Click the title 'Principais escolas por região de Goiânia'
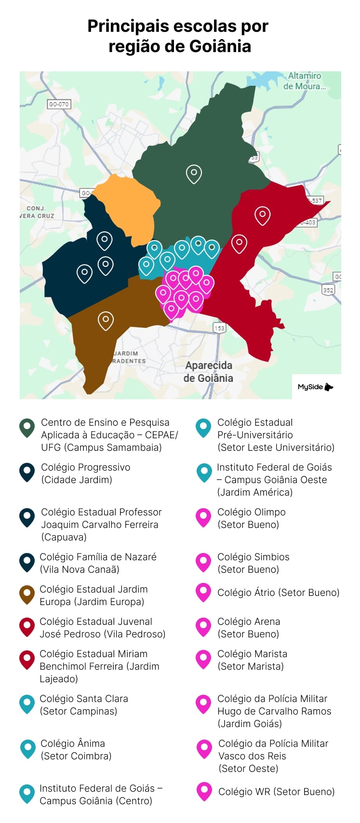(x=178, y=36)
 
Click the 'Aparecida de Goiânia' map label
(x=208, y=372)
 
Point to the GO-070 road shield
(x=59, y=104)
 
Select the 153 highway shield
(x=219, y=328)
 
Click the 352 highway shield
(x=328, y=290)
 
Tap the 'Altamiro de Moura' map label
(x=304, y=81)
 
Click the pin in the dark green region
(x=194, y=174)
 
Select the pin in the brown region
(x=106, y=320)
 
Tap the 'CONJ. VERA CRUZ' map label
(x=37, y=212)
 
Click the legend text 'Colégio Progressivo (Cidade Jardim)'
(x=85, y=473)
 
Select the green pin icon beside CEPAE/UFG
(x=27, y=428)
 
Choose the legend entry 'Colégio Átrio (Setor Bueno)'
(x=278, y=593)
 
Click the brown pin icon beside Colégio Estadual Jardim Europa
(x=27, y=594)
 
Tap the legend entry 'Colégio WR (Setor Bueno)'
(x=276, y=792)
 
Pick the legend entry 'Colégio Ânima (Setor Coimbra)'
(x=76, y=750)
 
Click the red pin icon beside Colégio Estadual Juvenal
(x=27, y=627)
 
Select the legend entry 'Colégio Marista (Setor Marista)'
(x=252, y=660)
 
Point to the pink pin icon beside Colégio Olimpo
(x=203, y=517)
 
